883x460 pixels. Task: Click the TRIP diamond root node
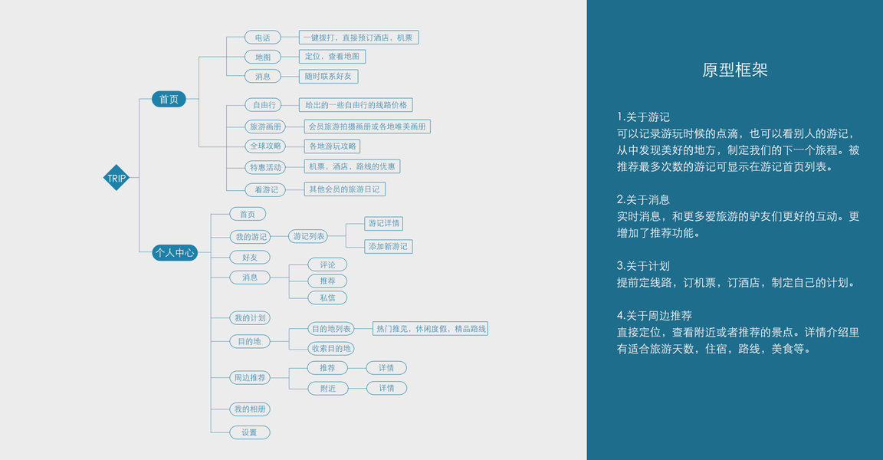point(117,179)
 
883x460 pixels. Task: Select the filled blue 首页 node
point(169,99)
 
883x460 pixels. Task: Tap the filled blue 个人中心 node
point(175,251)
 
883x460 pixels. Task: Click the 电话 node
point(263,37)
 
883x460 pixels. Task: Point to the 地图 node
point(263,57)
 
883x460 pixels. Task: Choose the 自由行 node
point(264,105)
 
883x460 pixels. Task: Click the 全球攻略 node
point(265,146)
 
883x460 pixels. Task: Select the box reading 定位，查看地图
point(332,57)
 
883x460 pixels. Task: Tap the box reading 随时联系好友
point(329,77)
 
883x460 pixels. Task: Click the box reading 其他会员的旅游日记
point(343,189)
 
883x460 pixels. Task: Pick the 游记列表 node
point(309,236)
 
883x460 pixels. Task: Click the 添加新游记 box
point(389,246)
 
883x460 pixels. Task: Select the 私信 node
point(327,297)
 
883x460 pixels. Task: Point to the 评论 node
point(327,264)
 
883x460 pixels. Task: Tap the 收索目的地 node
point(331,348)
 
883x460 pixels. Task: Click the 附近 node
point(327,389)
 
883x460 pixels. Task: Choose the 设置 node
point(250,432)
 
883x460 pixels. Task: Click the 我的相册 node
point(250,409)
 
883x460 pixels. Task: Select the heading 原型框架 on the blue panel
point(734,71)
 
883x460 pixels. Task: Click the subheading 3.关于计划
point(643,266)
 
